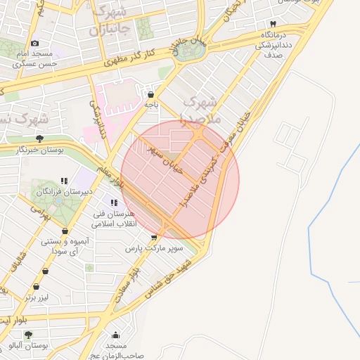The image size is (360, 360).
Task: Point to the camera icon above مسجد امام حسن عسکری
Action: pyautogui.click(x=34, y=44)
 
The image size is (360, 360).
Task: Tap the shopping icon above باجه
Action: pyautogui.click(x=150, y=94)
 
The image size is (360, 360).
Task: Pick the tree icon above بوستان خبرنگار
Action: pyautogui.click(x=39, y=139)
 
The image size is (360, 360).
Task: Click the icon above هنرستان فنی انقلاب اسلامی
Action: pyautogui.click(x=115, y=203)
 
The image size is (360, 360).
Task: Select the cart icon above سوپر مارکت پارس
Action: pyautogui.click(x=154, y=238)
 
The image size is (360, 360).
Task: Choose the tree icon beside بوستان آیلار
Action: pyautogui.click(x=28, y=335)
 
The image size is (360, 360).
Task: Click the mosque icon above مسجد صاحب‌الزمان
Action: pyautogui.click(x=116, y=335)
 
